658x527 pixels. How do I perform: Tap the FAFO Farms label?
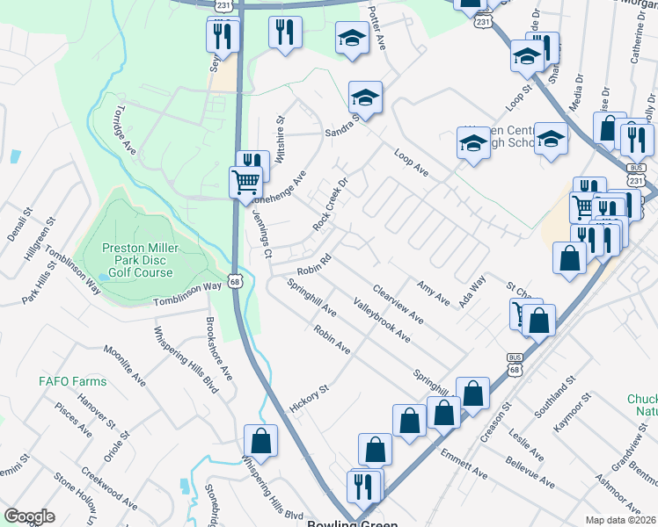(72, 382)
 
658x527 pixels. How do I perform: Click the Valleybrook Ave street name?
(382, 320)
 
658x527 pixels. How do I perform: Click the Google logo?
(29, 516)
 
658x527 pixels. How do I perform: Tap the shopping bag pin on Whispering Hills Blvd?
(261, 439)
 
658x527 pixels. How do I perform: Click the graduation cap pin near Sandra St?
(364, 97)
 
